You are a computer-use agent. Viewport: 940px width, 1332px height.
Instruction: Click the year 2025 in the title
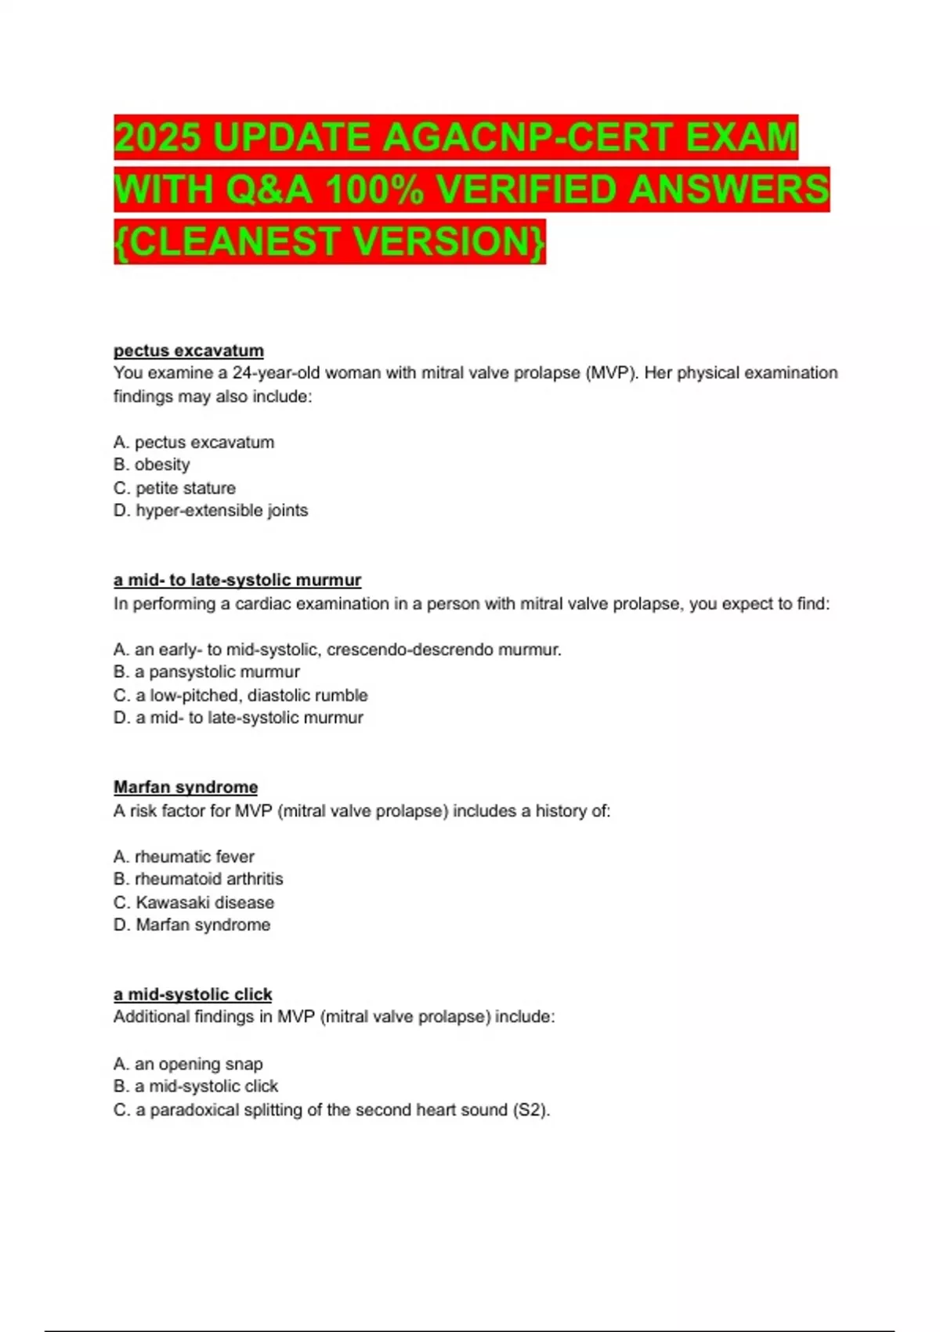tap(159, 138)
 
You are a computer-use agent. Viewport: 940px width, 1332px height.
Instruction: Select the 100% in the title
tap(374, 190)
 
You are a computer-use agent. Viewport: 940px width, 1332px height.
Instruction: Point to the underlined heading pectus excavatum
tap(188, 350)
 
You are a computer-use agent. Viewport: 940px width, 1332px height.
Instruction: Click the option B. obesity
tap(152, 465)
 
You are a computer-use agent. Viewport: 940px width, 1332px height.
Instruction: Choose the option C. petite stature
tap(175, 488)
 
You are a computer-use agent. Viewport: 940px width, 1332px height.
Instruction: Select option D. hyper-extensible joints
tap(211, 511)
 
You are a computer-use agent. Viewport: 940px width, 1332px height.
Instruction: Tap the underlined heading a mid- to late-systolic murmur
tap(237, 581)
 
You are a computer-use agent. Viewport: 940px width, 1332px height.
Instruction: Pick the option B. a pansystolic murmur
tap(207, 672)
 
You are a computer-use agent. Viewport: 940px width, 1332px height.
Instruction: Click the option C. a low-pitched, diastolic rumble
tap(240, 695)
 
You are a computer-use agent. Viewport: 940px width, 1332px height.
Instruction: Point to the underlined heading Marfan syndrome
tap(186, 787)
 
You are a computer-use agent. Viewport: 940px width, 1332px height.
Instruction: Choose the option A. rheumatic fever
tap(184, 856)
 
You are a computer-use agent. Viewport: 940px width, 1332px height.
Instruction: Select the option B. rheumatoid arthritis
tap(198, 879)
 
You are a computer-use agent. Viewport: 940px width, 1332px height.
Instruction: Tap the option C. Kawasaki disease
tap(193, 903)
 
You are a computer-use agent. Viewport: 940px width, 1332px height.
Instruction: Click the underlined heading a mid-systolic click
tap(193, 994)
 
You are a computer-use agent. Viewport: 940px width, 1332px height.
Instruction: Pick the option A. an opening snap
tap(188, 1064)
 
